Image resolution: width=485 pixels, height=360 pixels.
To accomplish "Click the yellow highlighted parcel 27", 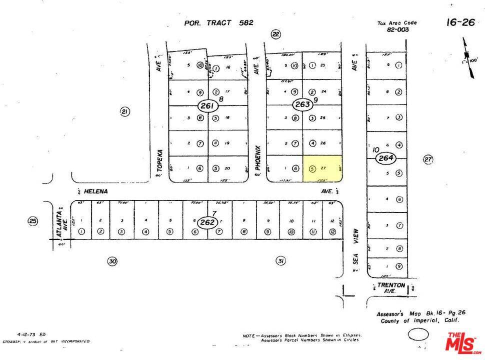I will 323,168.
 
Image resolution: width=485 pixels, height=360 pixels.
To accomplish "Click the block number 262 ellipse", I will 206,223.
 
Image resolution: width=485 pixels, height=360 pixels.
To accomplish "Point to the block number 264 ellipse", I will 386,158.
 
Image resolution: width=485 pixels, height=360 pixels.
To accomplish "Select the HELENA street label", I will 95,191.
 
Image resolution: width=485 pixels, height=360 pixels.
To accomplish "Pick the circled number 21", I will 125,111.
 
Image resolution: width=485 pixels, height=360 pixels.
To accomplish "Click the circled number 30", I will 112,260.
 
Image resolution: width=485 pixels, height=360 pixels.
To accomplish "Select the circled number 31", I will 280,260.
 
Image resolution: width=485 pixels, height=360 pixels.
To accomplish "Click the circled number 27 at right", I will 428,159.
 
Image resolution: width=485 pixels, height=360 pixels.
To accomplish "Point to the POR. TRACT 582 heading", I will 218,22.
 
